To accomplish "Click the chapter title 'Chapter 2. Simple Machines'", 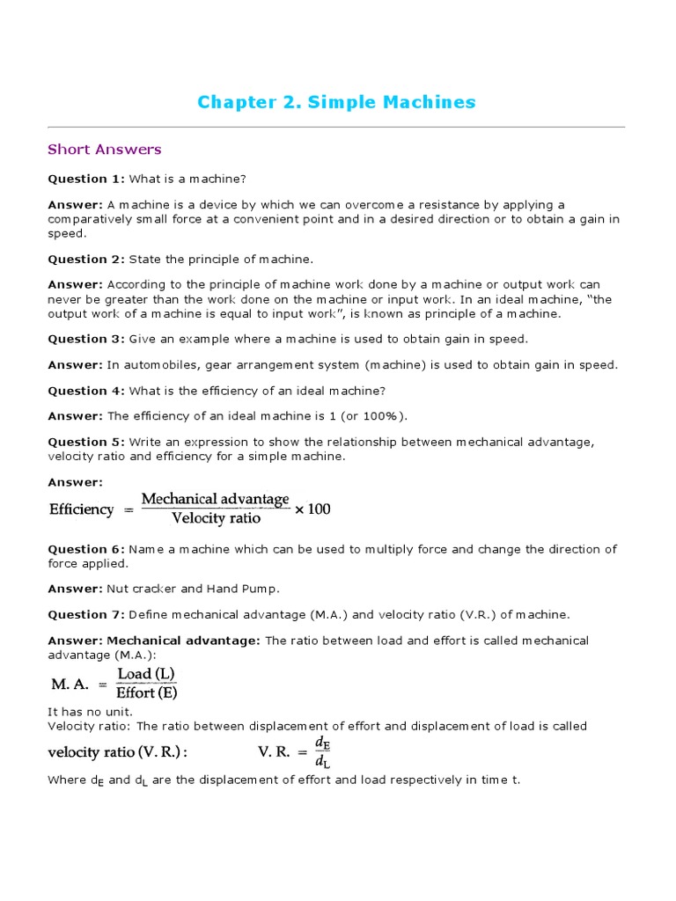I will click(x=336, y=102).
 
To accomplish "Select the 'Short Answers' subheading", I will click(x=105, y=150).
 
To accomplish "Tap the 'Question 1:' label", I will click(x=86, y=179).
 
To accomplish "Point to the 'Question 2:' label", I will click(x=86, y=260).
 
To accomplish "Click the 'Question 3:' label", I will click(x=86, y=339).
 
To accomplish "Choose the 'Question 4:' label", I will click(x=86, y=391).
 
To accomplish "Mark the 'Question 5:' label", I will click(x=86, y=442).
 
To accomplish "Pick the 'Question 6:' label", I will click(x=86, y=549).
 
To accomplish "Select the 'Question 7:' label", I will click(x=86, y=614).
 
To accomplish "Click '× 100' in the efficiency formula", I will click(x=312, y=509).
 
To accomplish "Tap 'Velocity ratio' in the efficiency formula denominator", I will click(x=216, y=518).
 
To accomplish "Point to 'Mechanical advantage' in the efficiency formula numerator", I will click(x=216, y=499).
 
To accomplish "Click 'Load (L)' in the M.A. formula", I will click(x=147, y=674).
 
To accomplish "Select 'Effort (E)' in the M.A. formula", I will click(x=147, y=692).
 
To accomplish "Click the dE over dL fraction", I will click(x=320, y=752).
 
